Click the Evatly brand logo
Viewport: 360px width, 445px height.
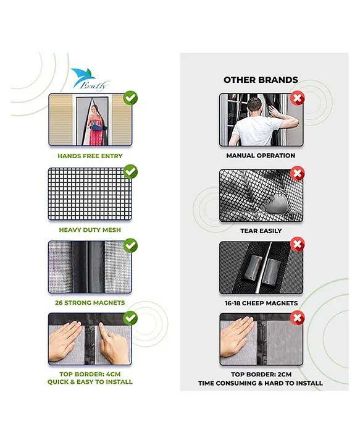[83, 78]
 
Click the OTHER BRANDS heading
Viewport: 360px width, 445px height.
[261, 80]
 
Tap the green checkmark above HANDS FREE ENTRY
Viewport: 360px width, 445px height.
[130, 98]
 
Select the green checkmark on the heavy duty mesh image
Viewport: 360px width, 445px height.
[130, 171]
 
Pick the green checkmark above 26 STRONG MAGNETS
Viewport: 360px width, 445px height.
[130, 245]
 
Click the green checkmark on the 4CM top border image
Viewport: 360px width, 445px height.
[130, 318]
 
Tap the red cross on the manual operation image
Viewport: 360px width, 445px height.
[298, 98]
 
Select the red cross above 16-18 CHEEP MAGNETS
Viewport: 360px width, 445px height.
[298, 245]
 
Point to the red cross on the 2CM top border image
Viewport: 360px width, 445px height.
[298, 318]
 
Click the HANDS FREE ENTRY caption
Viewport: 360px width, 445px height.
[90, 156]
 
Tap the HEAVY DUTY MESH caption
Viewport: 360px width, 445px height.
[90, 230]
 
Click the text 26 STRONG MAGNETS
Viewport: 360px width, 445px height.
[90, 303]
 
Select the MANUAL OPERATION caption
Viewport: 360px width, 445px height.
[261, 156]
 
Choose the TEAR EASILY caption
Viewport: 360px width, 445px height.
[261, 231]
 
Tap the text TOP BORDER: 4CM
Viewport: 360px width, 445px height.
[90, 374]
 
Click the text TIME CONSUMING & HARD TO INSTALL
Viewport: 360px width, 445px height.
[261, 383]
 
